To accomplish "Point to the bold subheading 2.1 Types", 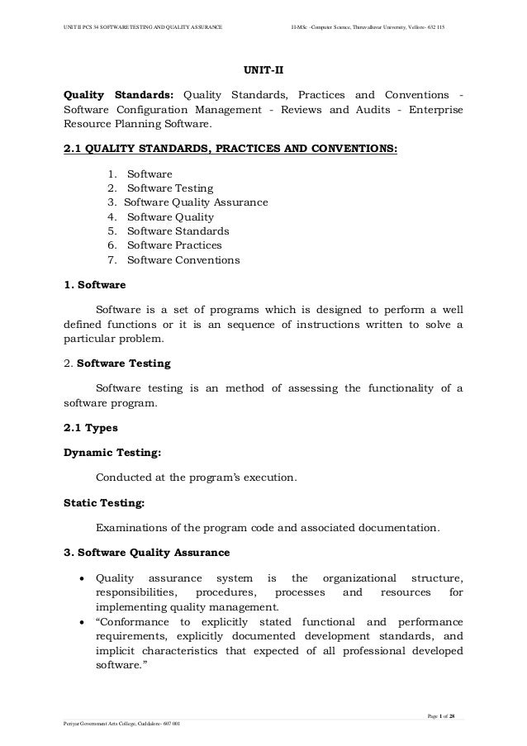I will [91, 430].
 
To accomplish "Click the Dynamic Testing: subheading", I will [112, 453].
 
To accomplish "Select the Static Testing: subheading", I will [105, 501].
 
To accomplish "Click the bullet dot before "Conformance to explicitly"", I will [83, 621].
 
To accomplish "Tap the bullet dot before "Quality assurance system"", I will [83, 577].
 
